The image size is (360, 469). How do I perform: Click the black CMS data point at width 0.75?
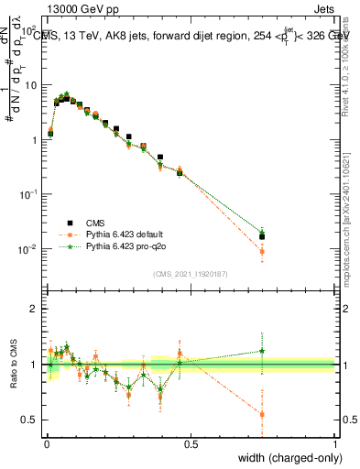tap(263, 236)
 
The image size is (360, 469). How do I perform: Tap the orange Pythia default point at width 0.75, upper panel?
tap(263, 251)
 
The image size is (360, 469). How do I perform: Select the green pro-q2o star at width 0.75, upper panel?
tap(263, 232)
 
